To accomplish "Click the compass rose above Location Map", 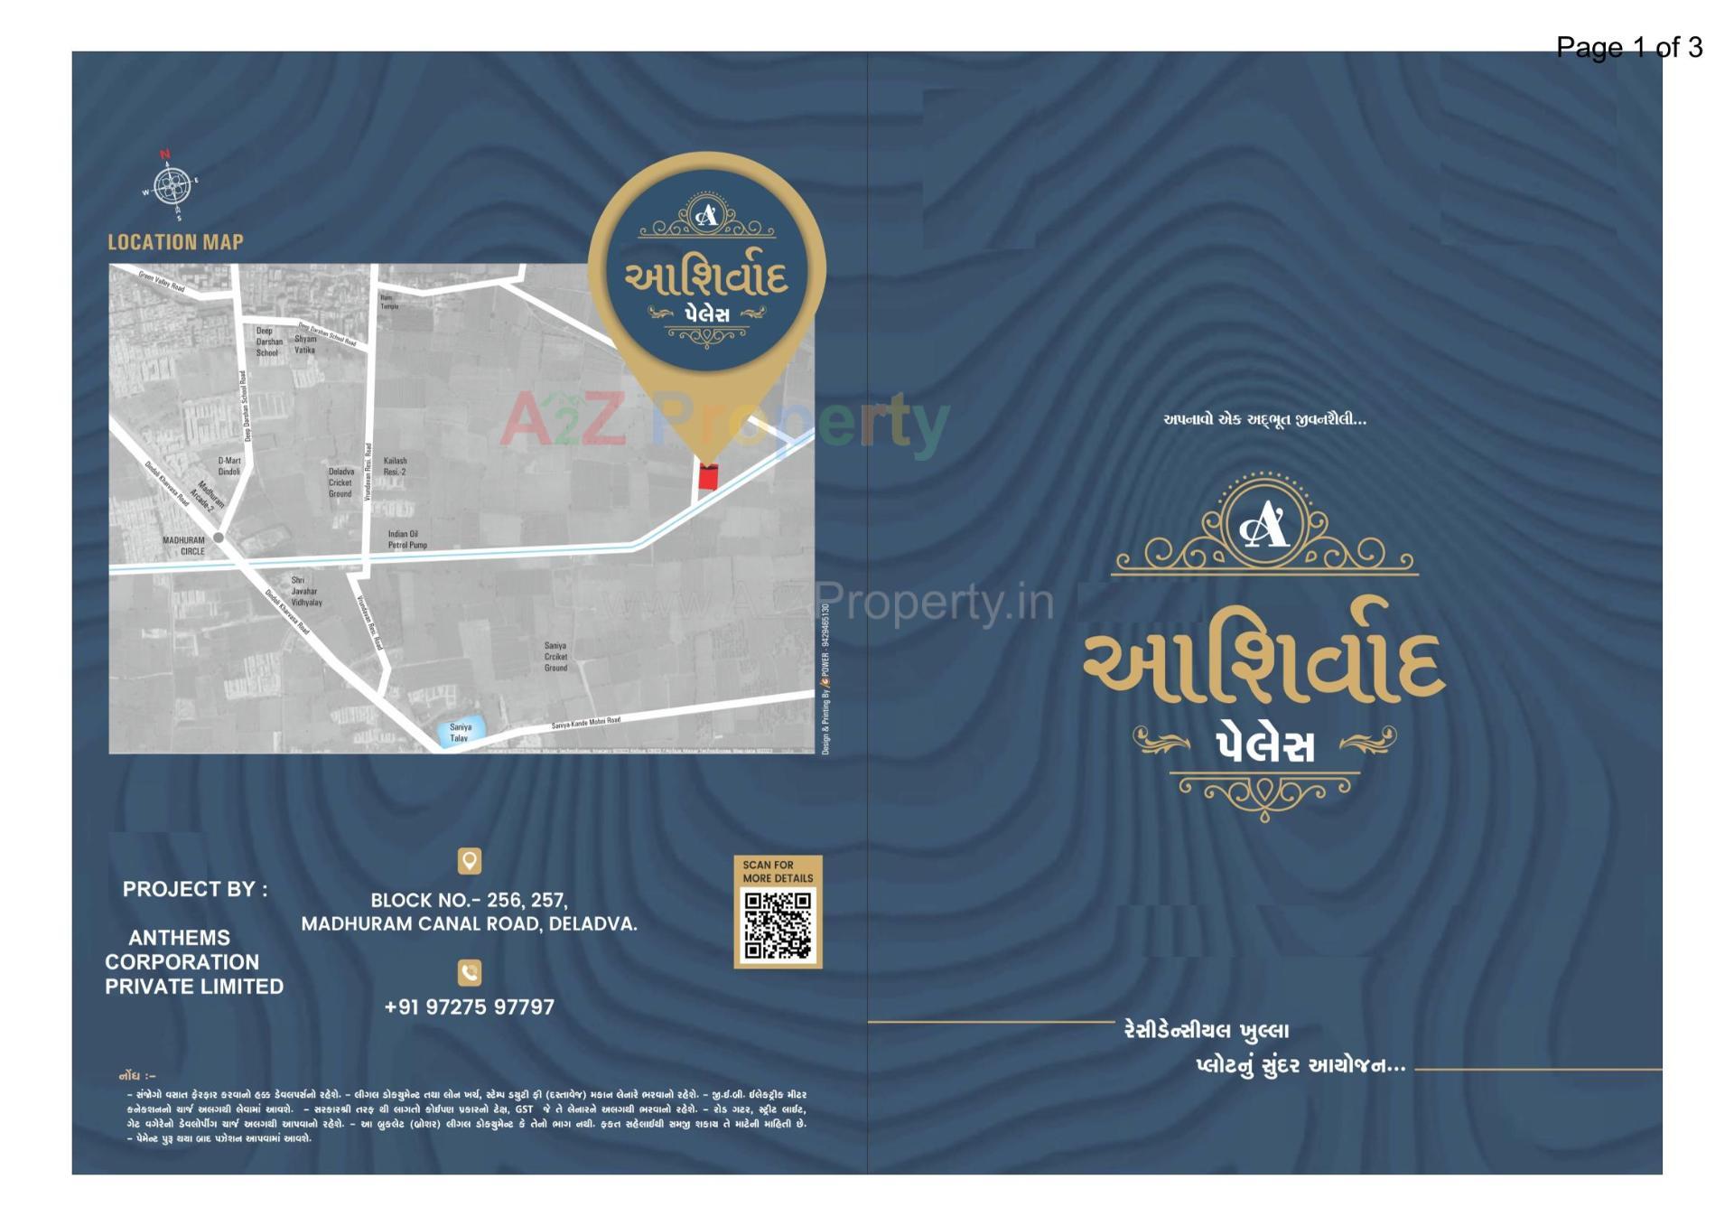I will (x=171, y=186).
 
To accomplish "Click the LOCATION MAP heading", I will (x=175, y=242).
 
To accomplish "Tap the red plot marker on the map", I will (x=708, y=477).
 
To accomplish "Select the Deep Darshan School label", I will (x=268, y=342).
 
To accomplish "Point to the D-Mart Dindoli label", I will (x=229, y=466).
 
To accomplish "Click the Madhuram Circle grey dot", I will (x=219, y=538).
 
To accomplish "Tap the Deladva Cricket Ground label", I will (x=340, y=482).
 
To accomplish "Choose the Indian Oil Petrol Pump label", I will (x=407, y=539).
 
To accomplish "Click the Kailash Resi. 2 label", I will (x=395, y=466).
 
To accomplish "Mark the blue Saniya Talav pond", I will (x=461, y=731).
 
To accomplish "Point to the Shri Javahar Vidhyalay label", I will (x=305, y=591).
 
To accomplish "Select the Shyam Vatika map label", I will (x=305, y=344).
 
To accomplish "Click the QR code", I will (x=778, y=925).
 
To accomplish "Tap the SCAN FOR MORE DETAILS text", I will (x=778, y=871).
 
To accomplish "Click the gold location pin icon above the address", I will (x=470, y=861).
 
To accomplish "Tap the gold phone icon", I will (x=470, y=972).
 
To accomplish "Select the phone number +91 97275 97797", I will (x=470, y=1006).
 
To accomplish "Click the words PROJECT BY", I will (x=195, y=889).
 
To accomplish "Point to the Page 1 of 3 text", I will (x=1628, y=47).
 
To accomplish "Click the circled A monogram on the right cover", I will (x=1264, y=524).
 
